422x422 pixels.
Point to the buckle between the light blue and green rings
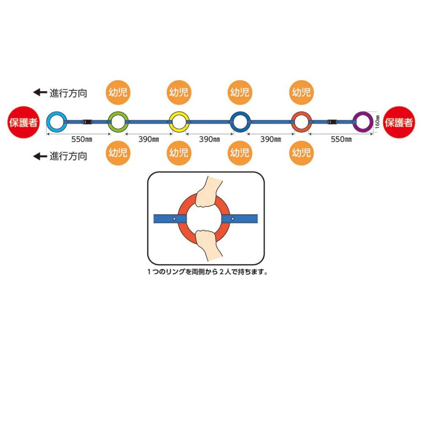88,122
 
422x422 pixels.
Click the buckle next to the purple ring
333,122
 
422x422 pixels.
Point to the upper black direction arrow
39,93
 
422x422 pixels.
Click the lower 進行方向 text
68,156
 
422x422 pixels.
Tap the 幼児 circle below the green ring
118,152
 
